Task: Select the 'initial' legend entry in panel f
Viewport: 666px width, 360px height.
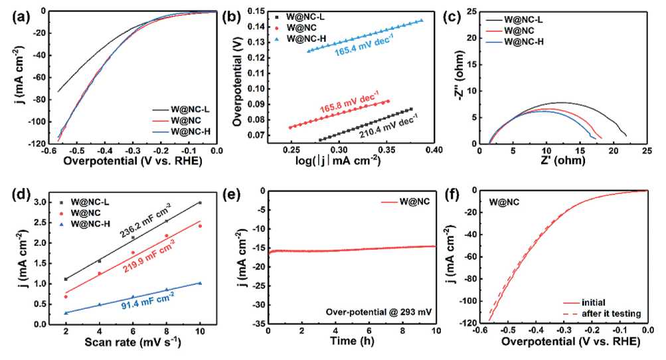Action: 594,301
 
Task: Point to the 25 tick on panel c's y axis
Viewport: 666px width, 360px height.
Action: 468,11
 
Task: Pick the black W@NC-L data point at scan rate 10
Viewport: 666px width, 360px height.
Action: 200,203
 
